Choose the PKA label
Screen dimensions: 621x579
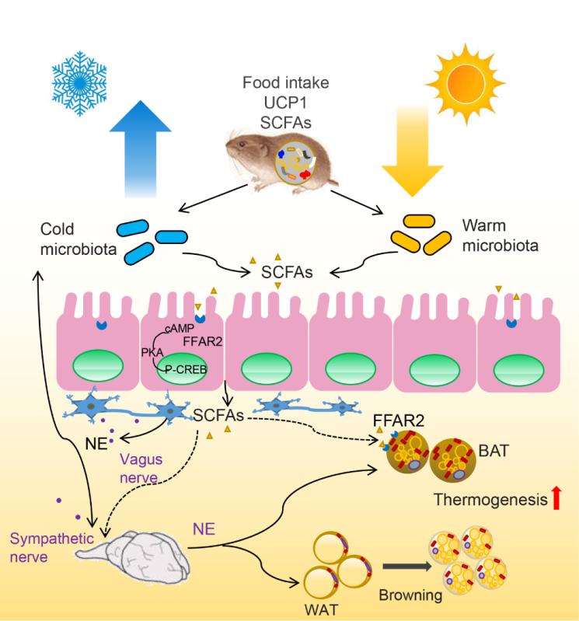coord(152,352)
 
